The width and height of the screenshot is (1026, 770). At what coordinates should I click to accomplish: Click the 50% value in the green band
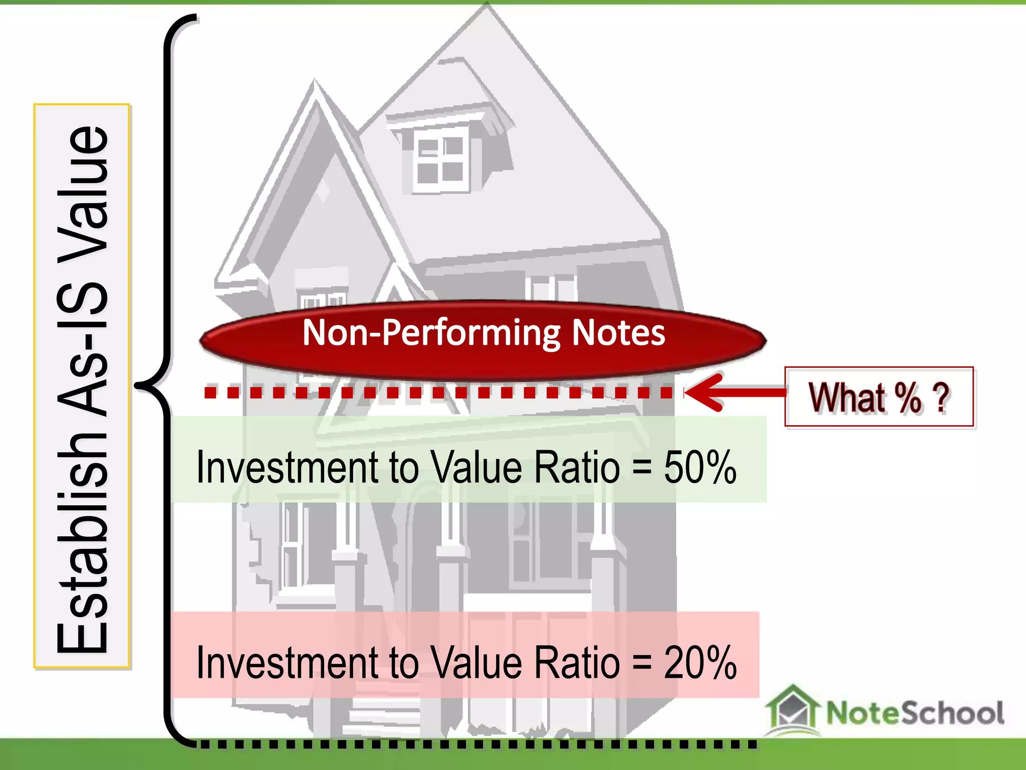(x=700, y=467)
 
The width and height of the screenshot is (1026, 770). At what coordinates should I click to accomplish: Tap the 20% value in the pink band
(x=700, y=663)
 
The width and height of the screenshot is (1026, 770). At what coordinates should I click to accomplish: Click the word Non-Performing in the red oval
(x=431, y=333)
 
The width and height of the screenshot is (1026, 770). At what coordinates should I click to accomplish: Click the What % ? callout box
(x=879, y=397)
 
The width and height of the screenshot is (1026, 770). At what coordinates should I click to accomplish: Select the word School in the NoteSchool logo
(x=952, y=713)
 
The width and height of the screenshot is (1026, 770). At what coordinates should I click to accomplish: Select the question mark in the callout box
(x=941, y=397)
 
